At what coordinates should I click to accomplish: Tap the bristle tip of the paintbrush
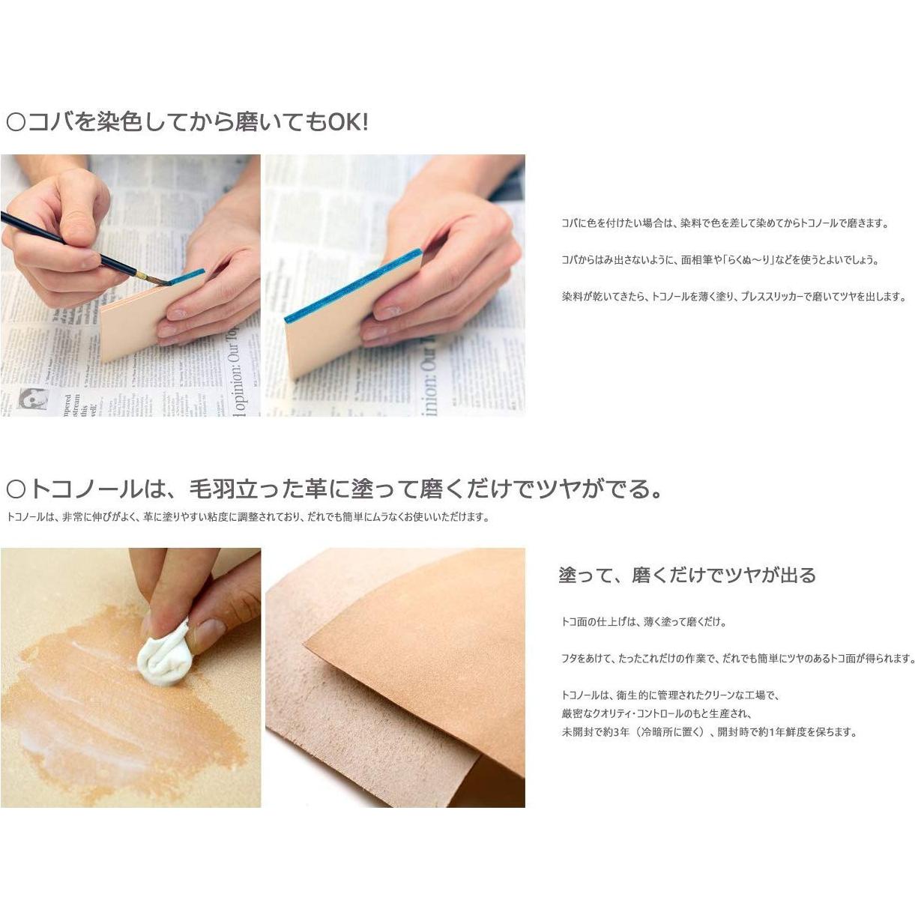(x=163, y=281)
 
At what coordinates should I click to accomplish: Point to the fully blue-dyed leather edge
(x=352, y=286)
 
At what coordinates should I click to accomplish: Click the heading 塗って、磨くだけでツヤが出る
(x=686, y=576)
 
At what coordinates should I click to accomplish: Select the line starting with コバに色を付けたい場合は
(x=725, y=223)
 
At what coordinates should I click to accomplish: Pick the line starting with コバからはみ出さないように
(x=719, y=260)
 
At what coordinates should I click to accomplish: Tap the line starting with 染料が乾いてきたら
(x=734, y=297)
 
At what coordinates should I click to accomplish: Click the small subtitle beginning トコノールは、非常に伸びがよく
(x=247, y=517)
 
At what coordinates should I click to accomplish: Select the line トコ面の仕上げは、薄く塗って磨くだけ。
(x=644, y=621)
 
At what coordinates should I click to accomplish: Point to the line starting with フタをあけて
(x=738, y=659)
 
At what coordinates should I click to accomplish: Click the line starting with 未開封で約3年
(x=708, y=732)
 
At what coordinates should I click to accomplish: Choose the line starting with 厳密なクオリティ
(x=656, y=714)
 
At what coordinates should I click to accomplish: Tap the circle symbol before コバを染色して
(x=16, y=122)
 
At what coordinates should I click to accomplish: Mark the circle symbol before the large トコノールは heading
(x=16, y=490)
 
